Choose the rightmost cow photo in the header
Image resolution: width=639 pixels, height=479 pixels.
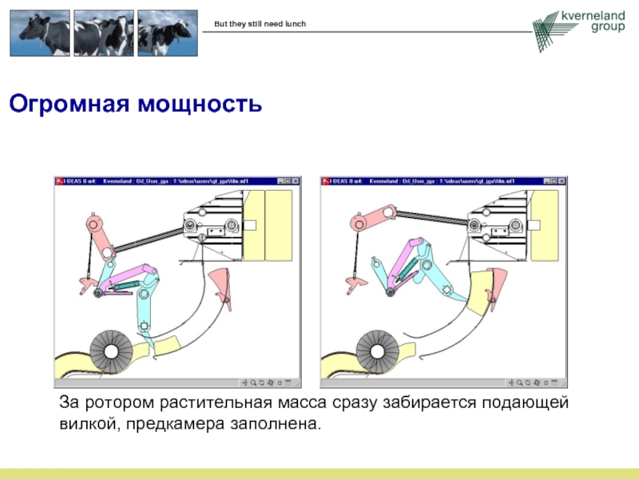tap(166, 34)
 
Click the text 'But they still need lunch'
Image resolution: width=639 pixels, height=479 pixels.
tap(260, 24)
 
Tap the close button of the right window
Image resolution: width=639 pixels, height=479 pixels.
tap(565, 182)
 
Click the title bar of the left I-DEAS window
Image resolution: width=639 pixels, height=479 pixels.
tap(160, 182)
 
